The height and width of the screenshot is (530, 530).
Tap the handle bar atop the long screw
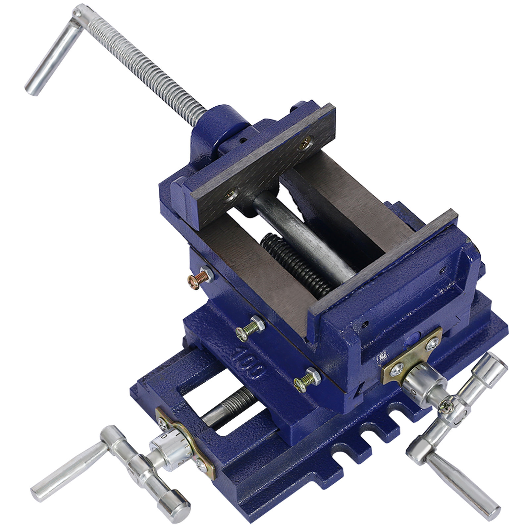(x=53, y=53)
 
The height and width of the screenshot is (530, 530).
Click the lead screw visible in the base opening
(x=232, y=407)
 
